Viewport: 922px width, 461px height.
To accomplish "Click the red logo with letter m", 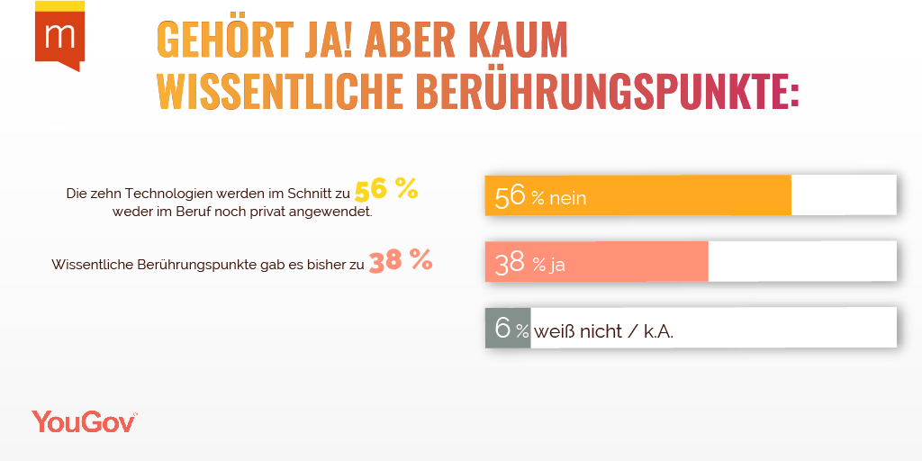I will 59,37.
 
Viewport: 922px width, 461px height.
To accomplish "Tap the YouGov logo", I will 84,420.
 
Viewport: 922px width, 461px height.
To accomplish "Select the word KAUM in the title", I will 517,40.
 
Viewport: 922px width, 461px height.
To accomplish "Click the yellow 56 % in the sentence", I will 386,190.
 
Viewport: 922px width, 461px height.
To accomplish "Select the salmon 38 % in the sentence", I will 401,261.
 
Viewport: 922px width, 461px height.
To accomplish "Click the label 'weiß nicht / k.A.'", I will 603,331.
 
